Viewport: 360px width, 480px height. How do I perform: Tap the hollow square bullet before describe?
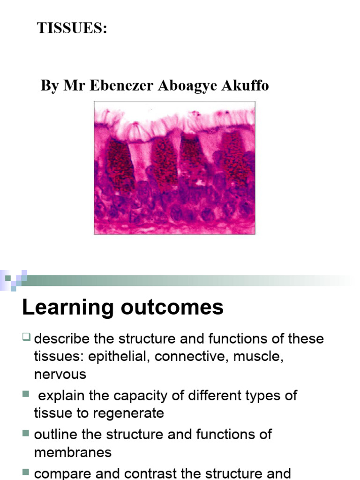pyautogui.click(x=27, y=336)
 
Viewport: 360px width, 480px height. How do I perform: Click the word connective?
pyautogui.click(x=189, y=356)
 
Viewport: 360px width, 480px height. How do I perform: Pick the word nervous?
pyautogui.click(x=60, y=374)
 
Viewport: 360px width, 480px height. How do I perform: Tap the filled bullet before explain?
pyautogui.click(x=25, y=394)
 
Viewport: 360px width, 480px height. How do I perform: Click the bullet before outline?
pyautogui.click(x=25, y=433)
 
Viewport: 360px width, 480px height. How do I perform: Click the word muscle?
pyautogui.click(x=256, y=356)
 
